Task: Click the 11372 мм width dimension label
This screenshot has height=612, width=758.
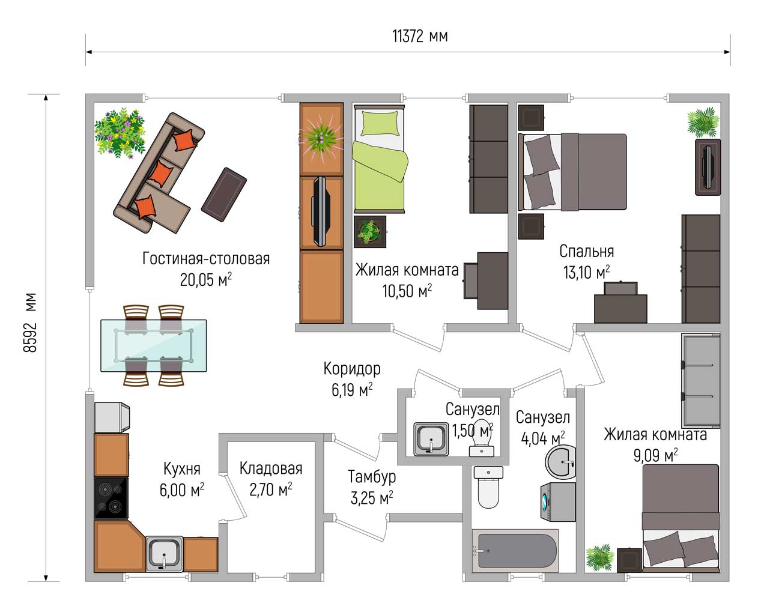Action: (420, 36)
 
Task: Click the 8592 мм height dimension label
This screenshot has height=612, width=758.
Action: (30, 323)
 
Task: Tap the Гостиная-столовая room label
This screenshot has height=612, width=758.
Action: (206, 259)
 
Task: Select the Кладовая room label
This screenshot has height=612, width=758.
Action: (271, 468)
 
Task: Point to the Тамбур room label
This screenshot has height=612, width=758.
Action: (372, 477)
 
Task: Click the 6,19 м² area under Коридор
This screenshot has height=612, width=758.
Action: (352, 390)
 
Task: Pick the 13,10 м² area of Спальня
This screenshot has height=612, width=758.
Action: (586, 273)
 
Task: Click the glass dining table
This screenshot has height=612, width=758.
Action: (153, 345)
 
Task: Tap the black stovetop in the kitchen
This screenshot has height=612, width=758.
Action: (111, 498)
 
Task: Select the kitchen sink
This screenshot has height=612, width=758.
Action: (165, 554)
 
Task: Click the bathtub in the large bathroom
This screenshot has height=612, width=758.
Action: (515, 551)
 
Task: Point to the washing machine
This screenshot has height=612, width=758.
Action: (557, 502)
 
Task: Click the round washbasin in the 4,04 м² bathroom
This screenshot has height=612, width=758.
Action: (560, 462)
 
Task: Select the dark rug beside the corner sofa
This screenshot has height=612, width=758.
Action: (224, 195)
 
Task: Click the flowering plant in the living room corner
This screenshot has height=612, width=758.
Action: (120, 133)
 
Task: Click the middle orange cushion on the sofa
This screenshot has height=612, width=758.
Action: (159, 174)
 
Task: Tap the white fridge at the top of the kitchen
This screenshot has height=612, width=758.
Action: (112, 417)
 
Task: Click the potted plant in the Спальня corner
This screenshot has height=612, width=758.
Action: (703, 122)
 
